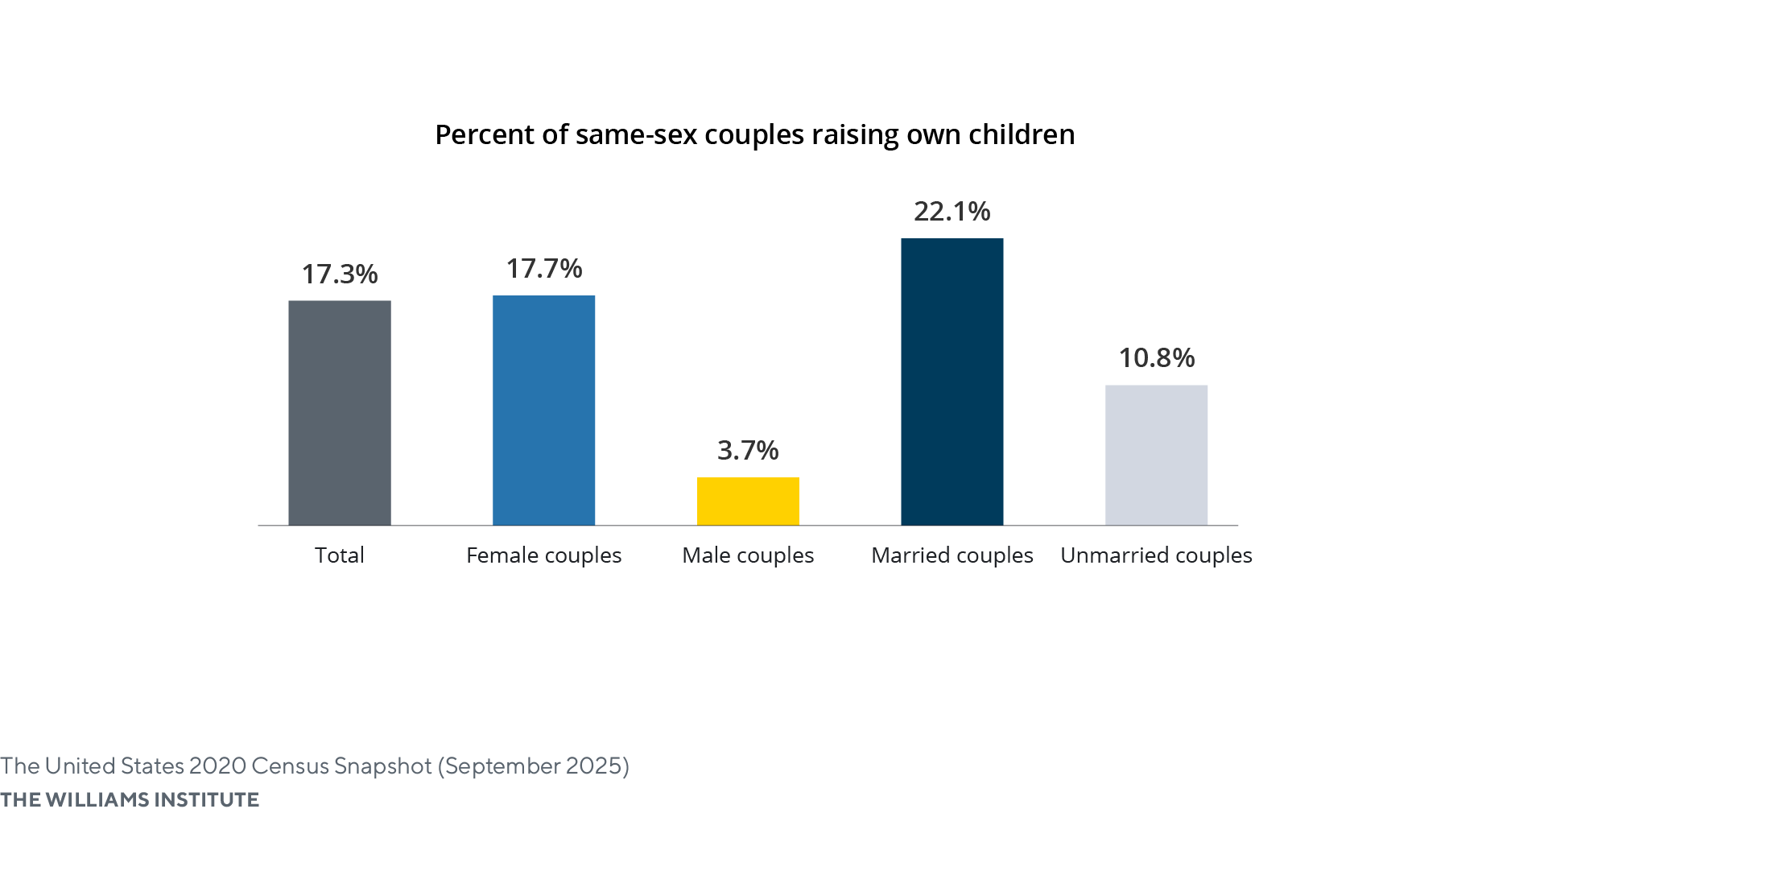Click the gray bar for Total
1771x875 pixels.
pyautogui.click(x=340, y=413)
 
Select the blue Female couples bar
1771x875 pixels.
pyautogui.click(x=543, y=411)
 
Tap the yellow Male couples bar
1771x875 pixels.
pyautogui.click(x=748, y=501)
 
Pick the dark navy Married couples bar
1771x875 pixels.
pyautogui.click(x=952, y=382)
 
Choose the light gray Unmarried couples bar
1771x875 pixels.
pyautogui.click(x=1156, y=455)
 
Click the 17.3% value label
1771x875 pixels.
pyautogui.click(x=340, y=274)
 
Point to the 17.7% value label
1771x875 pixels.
pyautogui.click(x=543, y=269)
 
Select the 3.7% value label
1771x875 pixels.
pyautogui.click(x=748, y=451)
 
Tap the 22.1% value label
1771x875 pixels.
pyautogui.click(x=952, y=212)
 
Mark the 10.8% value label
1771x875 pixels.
pyautogui.click(x=1156, y=358)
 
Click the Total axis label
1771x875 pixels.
pyautogui.click(x=340, y=555)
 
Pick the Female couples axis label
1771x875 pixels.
pyautogui.click(x=543, y=555)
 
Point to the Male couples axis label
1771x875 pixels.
pyautogui.click(x=748, y=555)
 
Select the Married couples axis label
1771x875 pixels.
pyautogui.click(x=952, y=555)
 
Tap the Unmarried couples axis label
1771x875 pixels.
pyautogui.click(x=1156, y=555)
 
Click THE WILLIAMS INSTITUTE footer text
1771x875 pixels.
pyautogui.click(x=130, y=799)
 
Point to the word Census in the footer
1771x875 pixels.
pyautogui.click(x=290, y=766)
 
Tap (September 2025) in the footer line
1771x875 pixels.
pyautogui.click(x=533, y=766)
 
